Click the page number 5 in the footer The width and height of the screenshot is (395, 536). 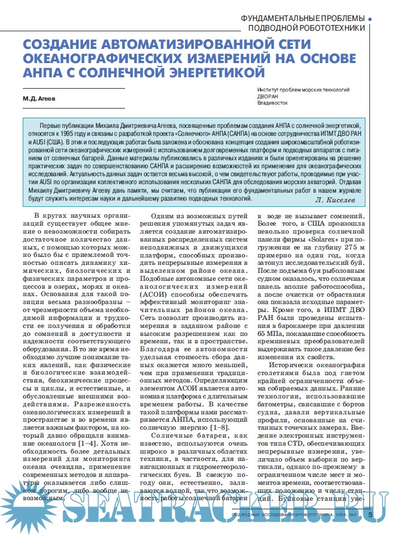371,515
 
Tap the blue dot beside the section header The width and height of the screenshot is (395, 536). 371,19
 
